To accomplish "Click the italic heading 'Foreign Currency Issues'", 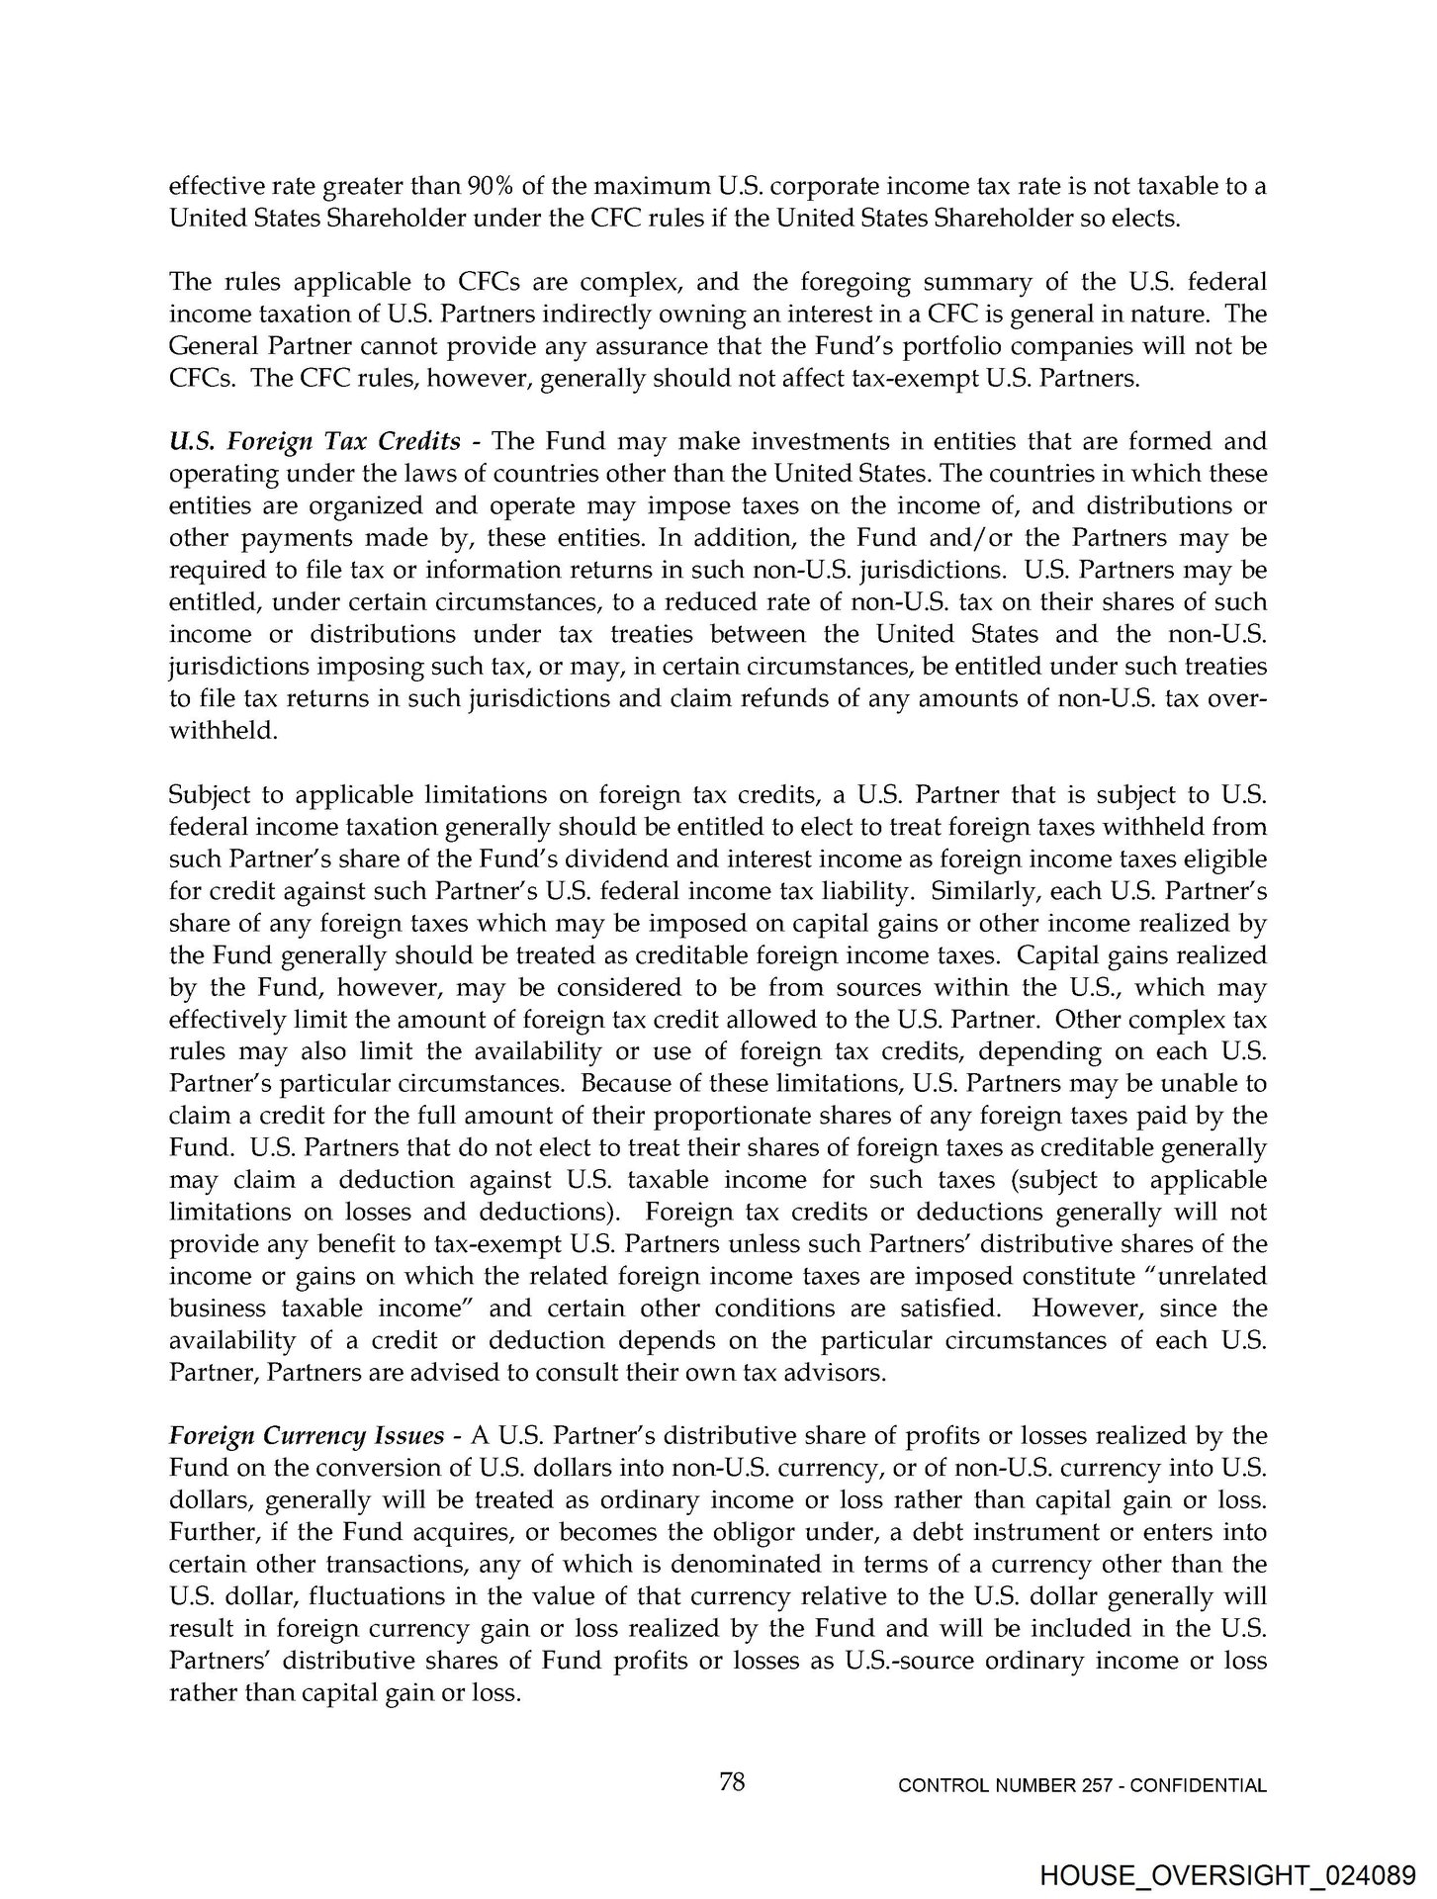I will (x=307, y=1436).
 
